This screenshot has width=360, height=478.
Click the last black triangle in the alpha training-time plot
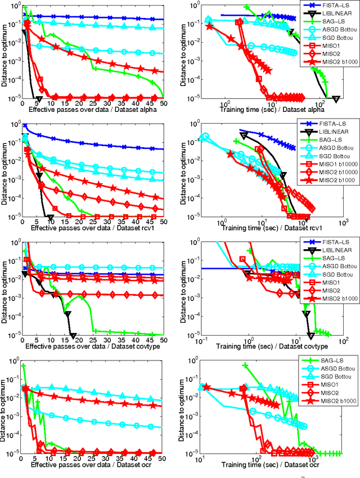point(336,98)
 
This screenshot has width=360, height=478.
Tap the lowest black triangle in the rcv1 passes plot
point(51,217)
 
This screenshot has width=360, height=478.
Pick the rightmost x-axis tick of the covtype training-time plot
point(343,341)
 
